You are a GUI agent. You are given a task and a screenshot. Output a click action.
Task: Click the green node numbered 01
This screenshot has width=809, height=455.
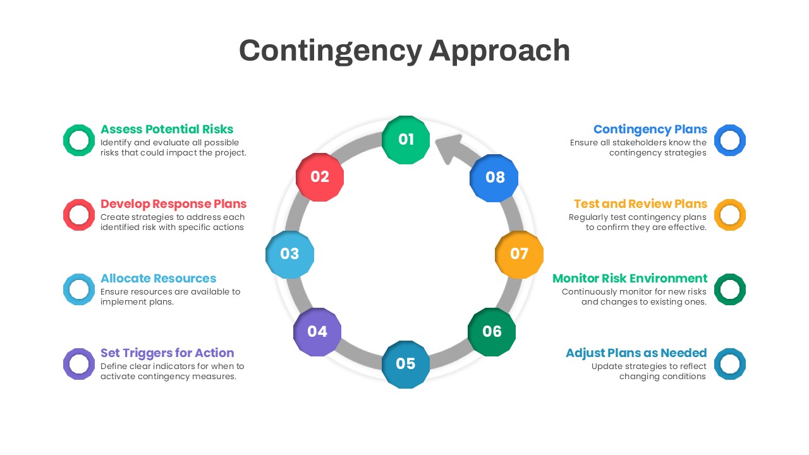point(406,140)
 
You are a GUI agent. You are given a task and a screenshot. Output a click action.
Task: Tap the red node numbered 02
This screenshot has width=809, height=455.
point(320,177)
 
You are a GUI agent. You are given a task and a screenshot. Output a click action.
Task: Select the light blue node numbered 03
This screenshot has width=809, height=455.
point(289,254)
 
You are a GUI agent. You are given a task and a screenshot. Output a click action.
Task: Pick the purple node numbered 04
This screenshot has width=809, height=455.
point(317,332)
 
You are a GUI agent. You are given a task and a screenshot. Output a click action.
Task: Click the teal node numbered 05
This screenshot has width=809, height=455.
point(406,365)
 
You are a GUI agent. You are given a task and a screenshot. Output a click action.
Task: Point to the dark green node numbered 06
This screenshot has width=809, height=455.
point(492,332)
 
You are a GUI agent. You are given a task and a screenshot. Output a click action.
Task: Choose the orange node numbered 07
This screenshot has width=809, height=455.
point(519,254)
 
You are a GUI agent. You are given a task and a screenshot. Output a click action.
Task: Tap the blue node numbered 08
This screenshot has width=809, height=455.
point(494,178)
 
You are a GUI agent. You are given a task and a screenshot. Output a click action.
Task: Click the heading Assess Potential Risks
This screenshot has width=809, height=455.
point(167,130)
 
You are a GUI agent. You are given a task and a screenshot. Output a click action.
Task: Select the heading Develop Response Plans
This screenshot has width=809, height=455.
point(173,204)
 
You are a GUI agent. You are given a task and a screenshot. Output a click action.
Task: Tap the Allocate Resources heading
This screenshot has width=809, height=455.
point(158,279)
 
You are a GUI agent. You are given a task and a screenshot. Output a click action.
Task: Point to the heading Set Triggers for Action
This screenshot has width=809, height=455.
point(167,353)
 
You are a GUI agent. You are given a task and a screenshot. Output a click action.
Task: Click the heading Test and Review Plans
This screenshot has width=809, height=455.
point(640,204)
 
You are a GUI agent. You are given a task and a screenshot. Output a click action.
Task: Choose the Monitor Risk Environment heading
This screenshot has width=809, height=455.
point(630,279)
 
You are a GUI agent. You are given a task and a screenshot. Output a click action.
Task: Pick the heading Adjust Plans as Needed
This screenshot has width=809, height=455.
point(636,353)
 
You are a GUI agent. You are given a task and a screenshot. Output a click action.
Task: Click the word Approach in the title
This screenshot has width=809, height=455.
point(499,52)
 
